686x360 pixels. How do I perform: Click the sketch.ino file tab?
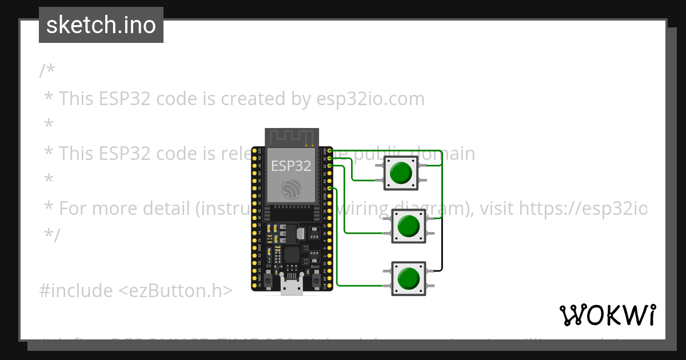click(x=101, y=25)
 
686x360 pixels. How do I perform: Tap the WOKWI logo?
click(x=607, y=315)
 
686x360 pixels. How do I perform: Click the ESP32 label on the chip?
click(x=291, y=166)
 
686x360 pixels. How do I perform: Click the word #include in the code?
click(x=75, y=291)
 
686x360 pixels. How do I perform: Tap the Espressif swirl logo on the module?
click(x=291, y=190)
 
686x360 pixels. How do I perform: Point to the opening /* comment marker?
click(x=47, y=71)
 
